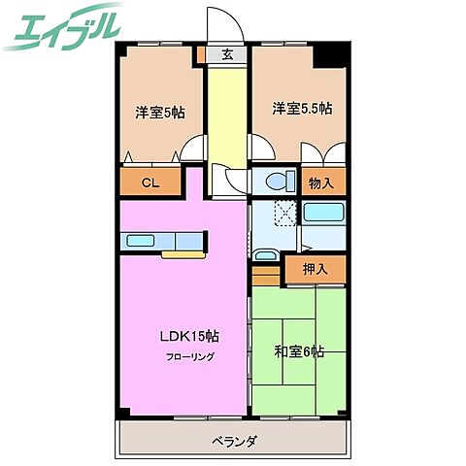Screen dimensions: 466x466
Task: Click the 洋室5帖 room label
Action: click(160, 112)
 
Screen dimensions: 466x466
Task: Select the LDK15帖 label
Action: click(189, 337)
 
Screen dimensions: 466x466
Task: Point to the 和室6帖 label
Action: click(299, 351)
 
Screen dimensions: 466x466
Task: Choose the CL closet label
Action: click(150, 182)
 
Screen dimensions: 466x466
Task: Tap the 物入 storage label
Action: click(321, 182)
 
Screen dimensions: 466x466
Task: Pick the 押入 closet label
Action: click(316, 269)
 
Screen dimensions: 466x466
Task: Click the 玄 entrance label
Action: click(227, 55)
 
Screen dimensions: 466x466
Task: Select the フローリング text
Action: click(188, 356)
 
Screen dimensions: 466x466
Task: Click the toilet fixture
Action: click(276, 180)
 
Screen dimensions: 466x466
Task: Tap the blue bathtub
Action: click(323, 214)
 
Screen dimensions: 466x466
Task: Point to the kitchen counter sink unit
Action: click(163, 240)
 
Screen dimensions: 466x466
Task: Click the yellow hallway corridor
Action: click(227, 116)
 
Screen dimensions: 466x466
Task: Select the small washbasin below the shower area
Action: click(264, 255)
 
